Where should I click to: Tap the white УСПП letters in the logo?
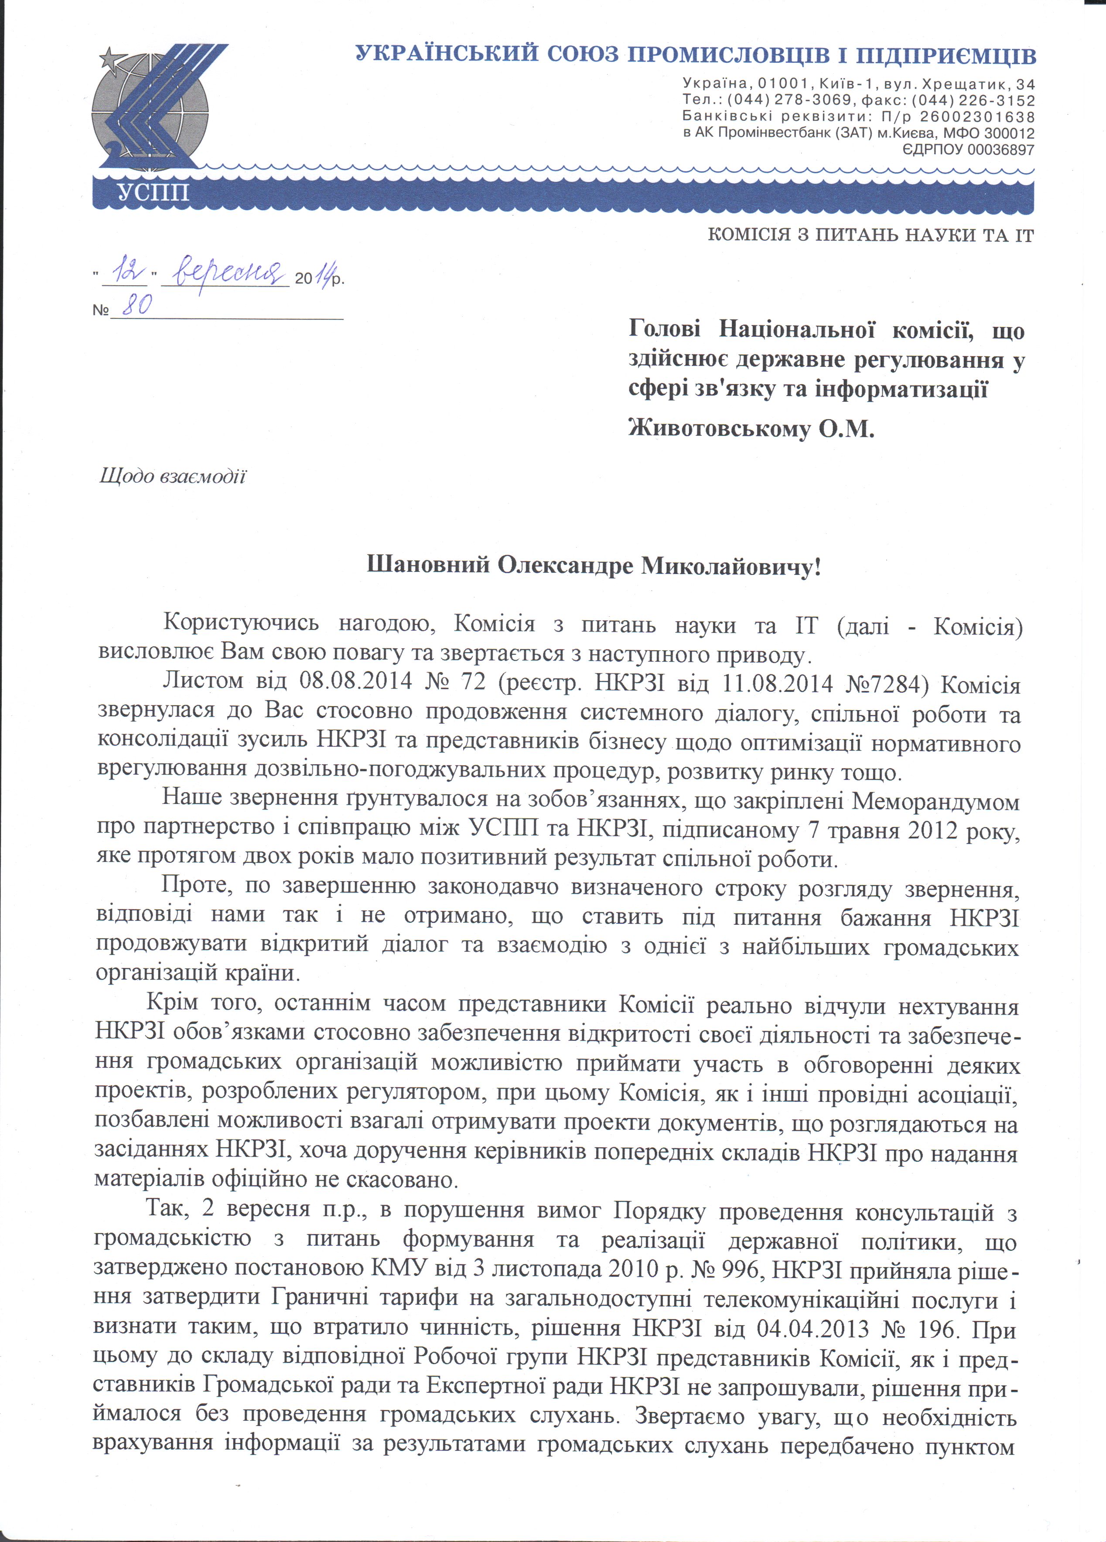click(x=154, y=192)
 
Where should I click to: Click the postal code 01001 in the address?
click(x=783, y=84)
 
